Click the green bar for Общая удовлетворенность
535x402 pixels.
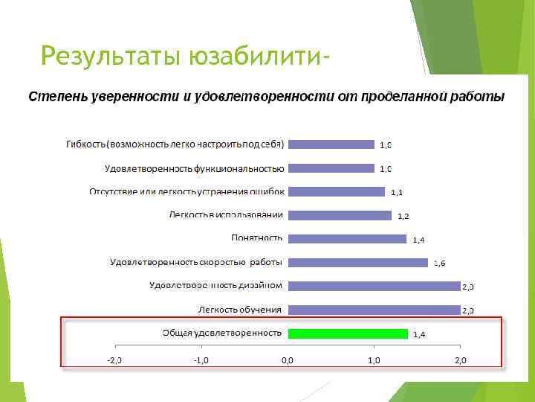click(x=348, y=333)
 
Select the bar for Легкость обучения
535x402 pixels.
click(x=374, y=309)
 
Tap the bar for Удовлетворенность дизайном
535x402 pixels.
click(x=374, y=285)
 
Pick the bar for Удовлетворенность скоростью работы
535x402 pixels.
click(x=357, y=262)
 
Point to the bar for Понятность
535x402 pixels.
click(x=347, y=238)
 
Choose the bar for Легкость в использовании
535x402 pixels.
click(x=340, y=215)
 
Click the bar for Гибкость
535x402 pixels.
click(x=331, y=144)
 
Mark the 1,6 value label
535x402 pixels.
click(x=439, y=264)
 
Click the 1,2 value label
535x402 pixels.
click(x=403, y=217)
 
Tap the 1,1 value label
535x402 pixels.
click(x=397, y=193)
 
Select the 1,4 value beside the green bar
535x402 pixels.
click(x=419, y=335)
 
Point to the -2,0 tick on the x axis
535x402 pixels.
click(x=114, y=360)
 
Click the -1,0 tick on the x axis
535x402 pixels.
click(x=201, y=360)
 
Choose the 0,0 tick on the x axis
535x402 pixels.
click(x=287, y=360)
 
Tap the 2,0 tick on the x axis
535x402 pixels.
click(x=460, y=360)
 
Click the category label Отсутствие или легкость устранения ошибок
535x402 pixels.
click(x=187, y=191)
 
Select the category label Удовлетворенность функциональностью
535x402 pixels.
click(x=195, y=167)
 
